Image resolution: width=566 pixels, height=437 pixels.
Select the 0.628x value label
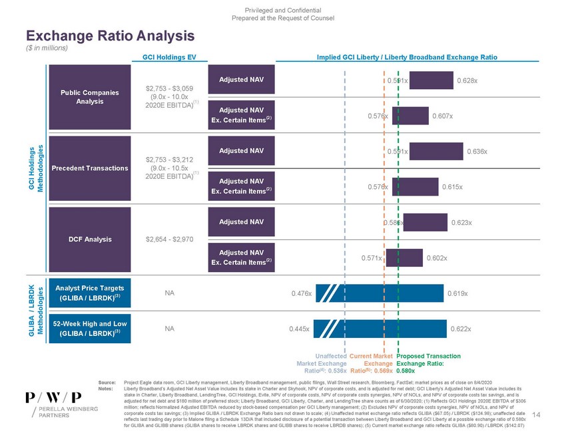466,80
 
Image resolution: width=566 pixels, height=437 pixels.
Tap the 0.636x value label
475,152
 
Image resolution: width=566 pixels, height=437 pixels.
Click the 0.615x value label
452,187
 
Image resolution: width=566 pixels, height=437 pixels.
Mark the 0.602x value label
436,258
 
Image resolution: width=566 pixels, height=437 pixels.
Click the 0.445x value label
300,329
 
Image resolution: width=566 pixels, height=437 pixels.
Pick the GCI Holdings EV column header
166,58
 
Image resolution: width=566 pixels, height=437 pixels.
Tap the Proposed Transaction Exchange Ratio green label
424,363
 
